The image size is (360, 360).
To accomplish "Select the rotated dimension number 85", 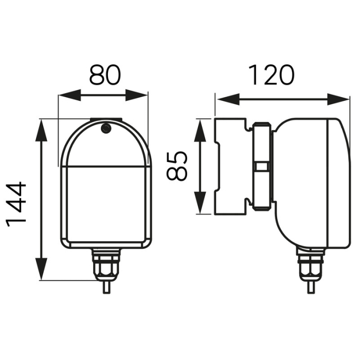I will pyautogui.click(x=177, y=166).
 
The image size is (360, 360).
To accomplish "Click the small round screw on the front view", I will pyautogui.click(x=106, y=128).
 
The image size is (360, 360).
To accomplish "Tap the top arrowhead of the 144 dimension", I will pyautogui.click(x=41, y=126).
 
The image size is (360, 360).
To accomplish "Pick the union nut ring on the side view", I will pyautogui.click(x=262, y=166).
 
